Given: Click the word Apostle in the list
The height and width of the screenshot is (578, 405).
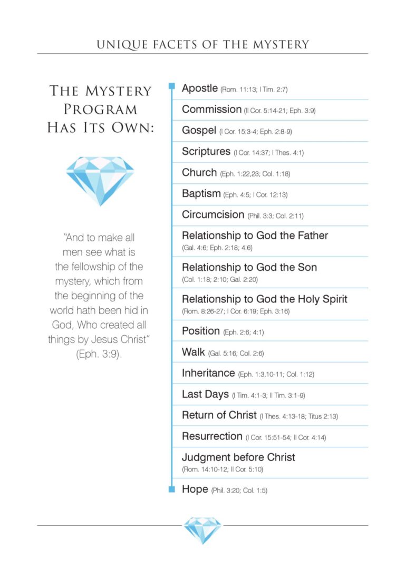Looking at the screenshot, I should click(199, 88).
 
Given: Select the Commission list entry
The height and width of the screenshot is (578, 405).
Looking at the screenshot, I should click(211, 110).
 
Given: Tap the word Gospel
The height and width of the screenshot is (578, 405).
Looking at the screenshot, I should click(199, 131).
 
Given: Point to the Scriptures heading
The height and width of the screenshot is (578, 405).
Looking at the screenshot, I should click(206, 152).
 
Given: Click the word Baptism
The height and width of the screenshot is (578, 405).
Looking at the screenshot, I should click(201, 194).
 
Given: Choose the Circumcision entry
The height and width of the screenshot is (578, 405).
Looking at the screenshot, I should click(213, 215).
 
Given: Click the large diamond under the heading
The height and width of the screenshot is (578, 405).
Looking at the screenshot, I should click(100, 180).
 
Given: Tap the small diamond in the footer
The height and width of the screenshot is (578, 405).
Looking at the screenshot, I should click(202, 530).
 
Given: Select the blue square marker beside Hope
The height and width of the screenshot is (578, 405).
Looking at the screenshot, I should click(171, 489).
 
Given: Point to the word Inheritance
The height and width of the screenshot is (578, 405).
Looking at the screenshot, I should click(208, 373).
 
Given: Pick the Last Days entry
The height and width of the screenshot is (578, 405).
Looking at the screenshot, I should click(205, 394).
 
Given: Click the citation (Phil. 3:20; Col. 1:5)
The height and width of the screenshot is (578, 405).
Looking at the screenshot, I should click(239, 491).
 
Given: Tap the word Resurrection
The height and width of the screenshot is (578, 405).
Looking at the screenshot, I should click(212, 436).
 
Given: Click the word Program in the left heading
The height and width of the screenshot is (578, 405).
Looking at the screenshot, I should click(100, 109).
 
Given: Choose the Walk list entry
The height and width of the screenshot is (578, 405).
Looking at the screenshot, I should click(193, 352).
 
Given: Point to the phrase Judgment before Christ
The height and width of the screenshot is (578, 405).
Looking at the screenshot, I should click(238, 457).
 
